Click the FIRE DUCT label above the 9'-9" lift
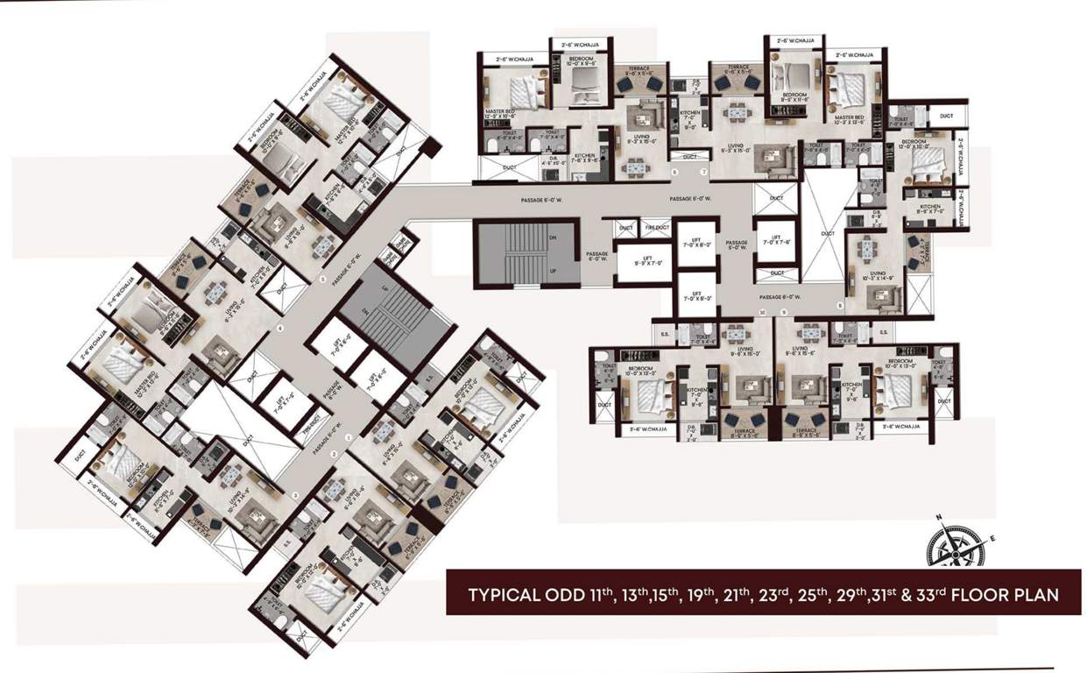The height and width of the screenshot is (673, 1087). click(x=656, y=228)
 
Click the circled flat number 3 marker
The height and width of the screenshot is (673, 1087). click(x=295, y=496)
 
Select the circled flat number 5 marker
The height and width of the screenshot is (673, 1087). click(x=322, y=280)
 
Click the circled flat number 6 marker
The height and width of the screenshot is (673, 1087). click(x=674, y=173)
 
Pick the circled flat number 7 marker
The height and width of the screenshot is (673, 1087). click(x=703, y=173)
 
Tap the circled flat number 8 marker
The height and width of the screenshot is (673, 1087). click(x=840, y=306)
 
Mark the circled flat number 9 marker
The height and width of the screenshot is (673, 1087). click(x=784, y=312)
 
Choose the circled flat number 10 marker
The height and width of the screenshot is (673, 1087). click(x=763, y=312)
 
